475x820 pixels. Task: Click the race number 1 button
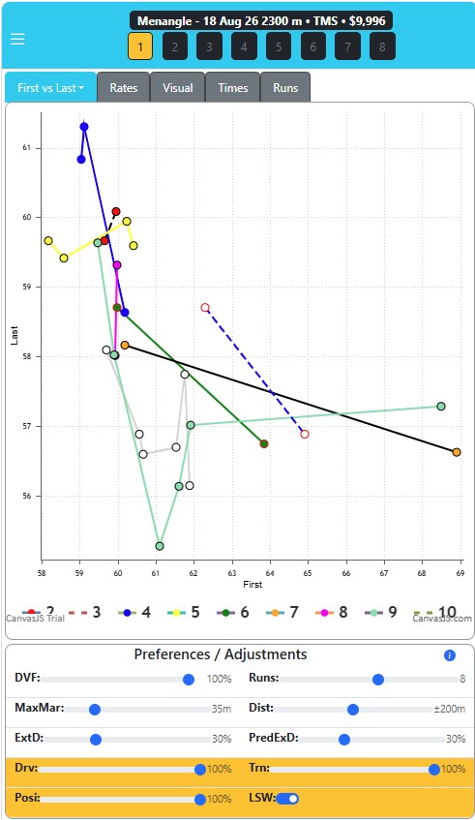pos(140,46)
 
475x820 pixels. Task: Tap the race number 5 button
pos(279,46)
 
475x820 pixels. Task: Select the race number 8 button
pos(382,46)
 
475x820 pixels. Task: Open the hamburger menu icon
pos(17,40)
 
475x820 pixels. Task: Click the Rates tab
pos(123,87)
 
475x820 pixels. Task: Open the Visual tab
pos(178,87)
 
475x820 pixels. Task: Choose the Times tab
pos(233,87)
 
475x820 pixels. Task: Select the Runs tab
pos(285,87)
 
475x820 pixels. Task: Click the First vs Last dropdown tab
pos(50,87)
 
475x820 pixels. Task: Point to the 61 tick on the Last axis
pos(27,148)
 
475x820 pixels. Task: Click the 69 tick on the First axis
pos(460,573)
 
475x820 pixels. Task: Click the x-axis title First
pos(252,584)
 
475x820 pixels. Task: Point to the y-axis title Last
pos(15,335)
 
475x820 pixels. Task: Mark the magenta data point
pos(117,265)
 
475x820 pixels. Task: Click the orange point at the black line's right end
pos(457,452)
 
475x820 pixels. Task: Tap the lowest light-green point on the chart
pos(160,546)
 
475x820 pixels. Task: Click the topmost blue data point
pos(84,127)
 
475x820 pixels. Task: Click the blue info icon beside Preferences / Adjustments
pos(450,655)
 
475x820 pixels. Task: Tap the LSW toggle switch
pos(287,799)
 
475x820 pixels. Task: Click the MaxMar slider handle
pos(95,710)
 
